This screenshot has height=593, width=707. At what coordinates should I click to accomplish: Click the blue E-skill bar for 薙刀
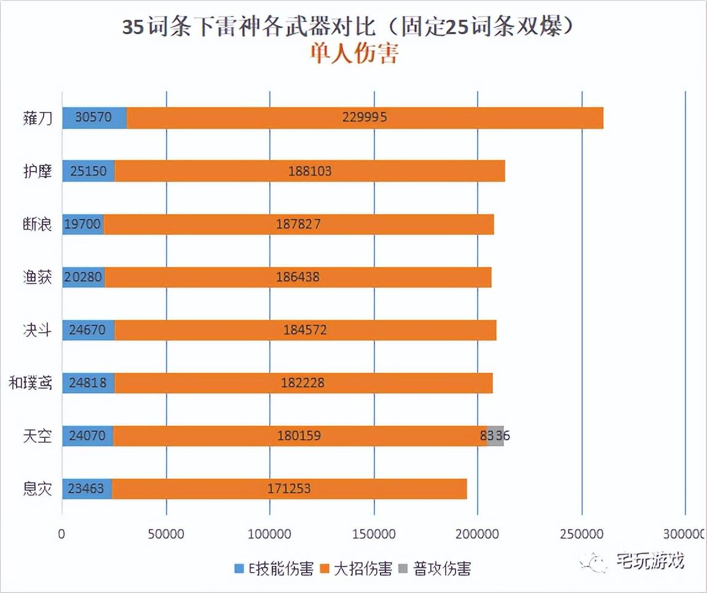click(94, 117)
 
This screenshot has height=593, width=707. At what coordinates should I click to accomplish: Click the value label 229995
click(365, 117)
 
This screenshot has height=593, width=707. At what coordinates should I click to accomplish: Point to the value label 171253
click(289, 490)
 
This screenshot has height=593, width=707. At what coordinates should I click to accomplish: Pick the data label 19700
click(82, 225)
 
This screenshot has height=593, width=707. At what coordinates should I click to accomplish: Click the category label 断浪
click(37, 225)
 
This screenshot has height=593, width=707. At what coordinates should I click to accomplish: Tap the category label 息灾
click(37, 490)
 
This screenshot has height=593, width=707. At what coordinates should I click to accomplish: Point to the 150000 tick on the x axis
click(374, 535)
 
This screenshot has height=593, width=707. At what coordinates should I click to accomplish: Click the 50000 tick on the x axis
click(167, 535)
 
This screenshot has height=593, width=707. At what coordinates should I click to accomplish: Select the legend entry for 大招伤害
click(357, 568)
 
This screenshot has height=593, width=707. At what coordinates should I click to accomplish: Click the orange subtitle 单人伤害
click(353, 54)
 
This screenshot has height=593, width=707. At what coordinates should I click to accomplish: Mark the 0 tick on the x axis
click(61, 535)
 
